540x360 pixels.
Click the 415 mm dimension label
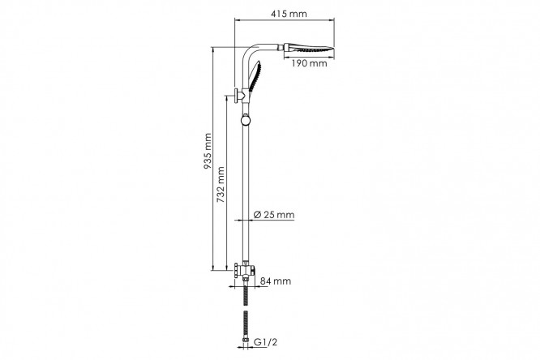(x=289, y=14)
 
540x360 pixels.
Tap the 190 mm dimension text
(x=309, y=63)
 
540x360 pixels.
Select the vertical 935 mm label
(x=208, y=151)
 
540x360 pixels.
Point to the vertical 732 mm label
(x=221, y=184)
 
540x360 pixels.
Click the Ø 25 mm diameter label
(x=274, y=215)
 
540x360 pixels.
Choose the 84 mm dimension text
(x=276, y=281)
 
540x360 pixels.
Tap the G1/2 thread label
(x=265, y=342)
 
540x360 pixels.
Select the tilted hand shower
(x=255, y=77)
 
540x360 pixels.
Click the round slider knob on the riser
(x=246, y=119)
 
